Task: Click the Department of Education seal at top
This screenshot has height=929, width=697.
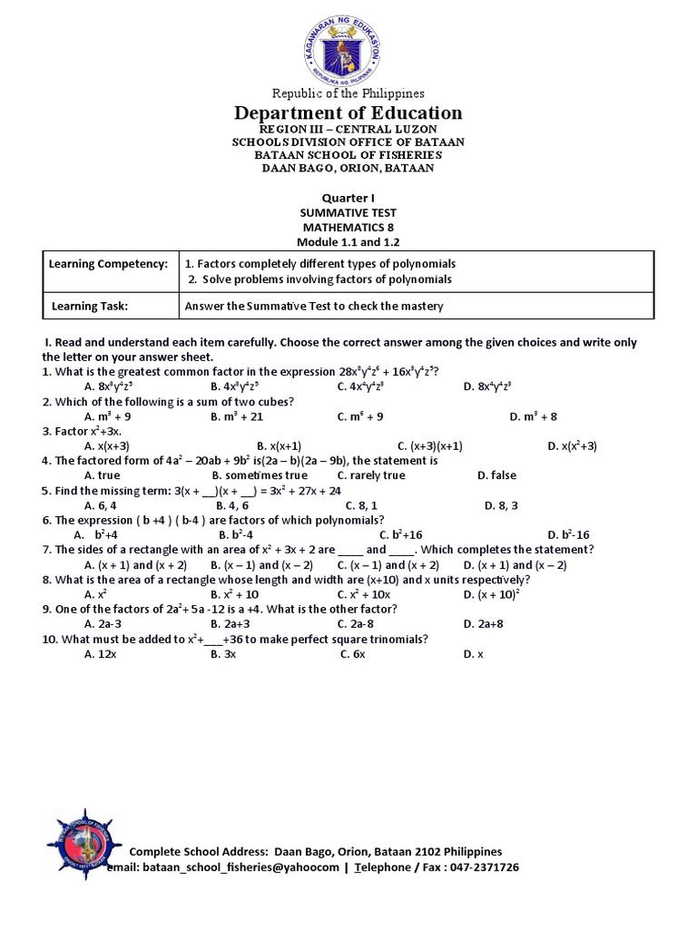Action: (348, 46)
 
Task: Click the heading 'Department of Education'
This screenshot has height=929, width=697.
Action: (348, 112)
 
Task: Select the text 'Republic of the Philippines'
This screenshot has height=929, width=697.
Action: (348, 93)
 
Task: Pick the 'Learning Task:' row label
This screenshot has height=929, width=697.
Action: (89, 307)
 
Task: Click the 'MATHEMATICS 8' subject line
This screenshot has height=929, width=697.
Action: (348, 227)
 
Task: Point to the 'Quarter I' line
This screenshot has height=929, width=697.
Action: (348, 198)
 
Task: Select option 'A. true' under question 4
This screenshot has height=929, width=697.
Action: (102, 475)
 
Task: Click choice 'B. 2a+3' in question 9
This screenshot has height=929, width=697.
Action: (231, 623)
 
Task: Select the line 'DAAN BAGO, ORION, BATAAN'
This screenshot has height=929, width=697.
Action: (348, 168)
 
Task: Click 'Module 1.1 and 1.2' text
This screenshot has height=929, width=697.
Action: (348, 242)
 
